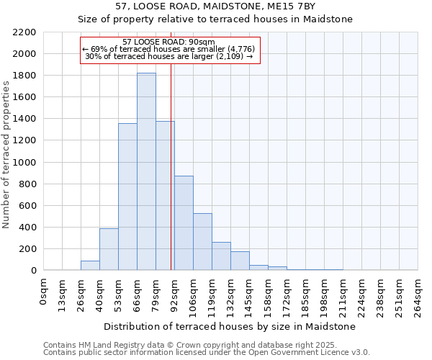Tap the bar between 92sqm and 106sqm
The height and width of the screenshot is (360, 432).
click(184, 223)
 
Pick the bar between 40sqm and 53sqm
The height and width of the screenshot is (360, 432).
click(109, 249)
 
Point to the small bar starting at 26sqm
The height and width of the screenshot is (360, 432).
click(90, 266)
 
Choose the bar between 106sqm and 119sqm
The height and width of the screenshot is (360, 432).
click(202, 242)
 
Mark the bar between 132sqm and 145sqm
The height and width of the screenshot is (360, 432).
click(240, 261)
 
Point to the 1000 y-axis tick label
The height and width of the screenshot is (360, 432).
click(25, 163)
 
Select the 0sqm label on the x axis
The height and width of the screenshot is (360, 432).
click(45, 291)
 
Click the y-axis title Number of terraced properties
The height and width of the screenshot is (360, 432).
click(6, 155)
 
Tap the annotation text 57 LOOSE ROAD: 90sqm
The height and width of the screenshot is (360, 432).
click(168, 42)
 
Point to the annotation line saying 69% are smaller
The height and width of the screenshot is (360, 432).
click(168, 49)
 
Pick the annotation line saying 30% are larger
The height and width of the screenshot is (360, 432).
click(168, 56)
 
